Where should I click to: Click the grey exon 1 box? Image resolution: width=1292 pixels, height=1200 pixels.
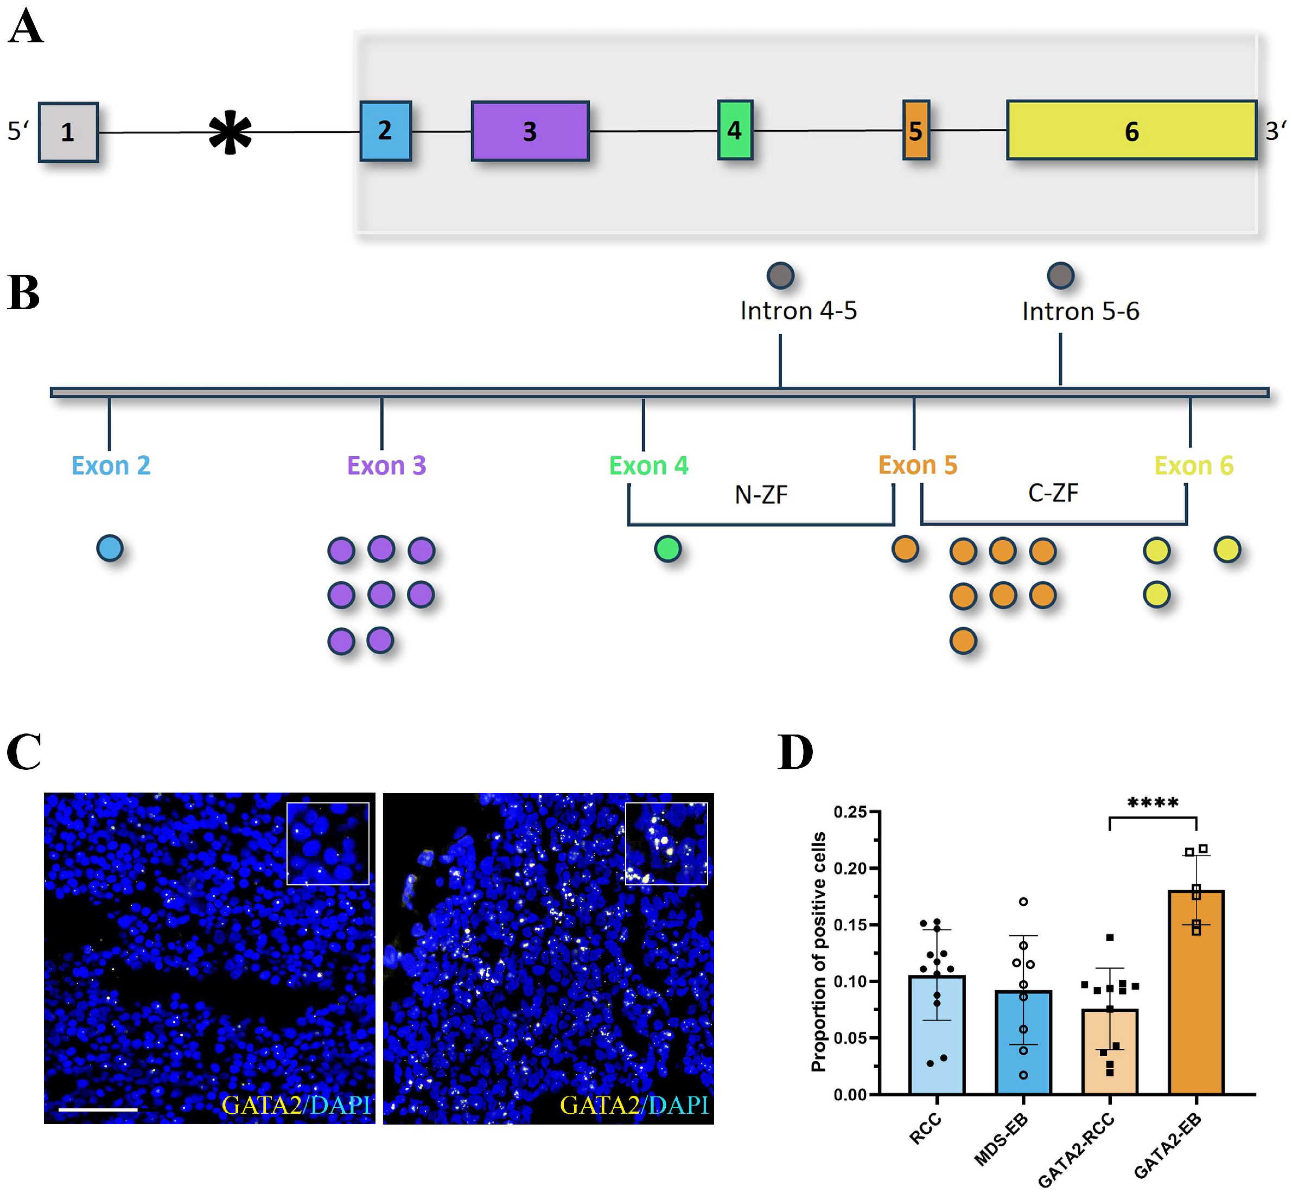point(68,132)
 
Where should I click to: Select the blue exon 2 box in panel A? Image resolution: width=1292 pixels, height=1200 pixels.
point(386,131)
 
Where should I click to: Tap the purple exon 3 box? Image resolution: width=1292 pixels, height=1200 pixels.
point(530,131)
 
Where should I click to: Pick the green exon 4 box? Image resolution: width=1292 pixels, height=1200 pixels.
point(735,130)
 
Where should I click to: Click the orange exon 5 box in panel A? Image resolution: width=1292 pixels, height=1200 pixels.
point(916,130)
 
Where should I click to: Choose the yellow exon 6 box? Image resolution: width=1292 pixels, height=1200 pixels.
point(1131,130)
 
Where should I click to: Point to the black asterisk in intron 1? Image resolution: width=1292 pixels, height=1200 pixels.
point(230,132)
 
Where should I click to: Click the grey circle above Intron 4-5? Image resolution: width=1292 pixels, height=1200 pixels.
point(780,276)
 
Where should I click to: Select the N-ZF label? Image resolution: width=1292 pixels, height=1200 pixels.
point(761,495)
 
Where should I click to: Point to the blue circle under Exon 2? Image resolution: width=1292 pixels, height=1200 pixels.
point(110,548)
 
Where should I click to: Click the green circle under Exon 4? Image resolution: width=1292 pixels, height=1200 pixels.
point(668,548)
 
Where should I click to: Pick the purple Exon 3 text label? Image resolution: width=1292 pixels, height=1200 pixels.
point(386,465)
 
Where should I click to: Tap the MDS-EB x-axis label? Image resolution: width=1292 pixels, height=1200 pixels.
point(1001,1140)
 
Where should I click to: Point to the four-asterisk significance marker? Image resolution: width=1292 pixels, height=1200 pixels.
point(1153,802)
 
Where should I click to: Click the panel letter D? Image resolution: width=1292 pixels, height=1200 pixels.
point(795,752)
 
